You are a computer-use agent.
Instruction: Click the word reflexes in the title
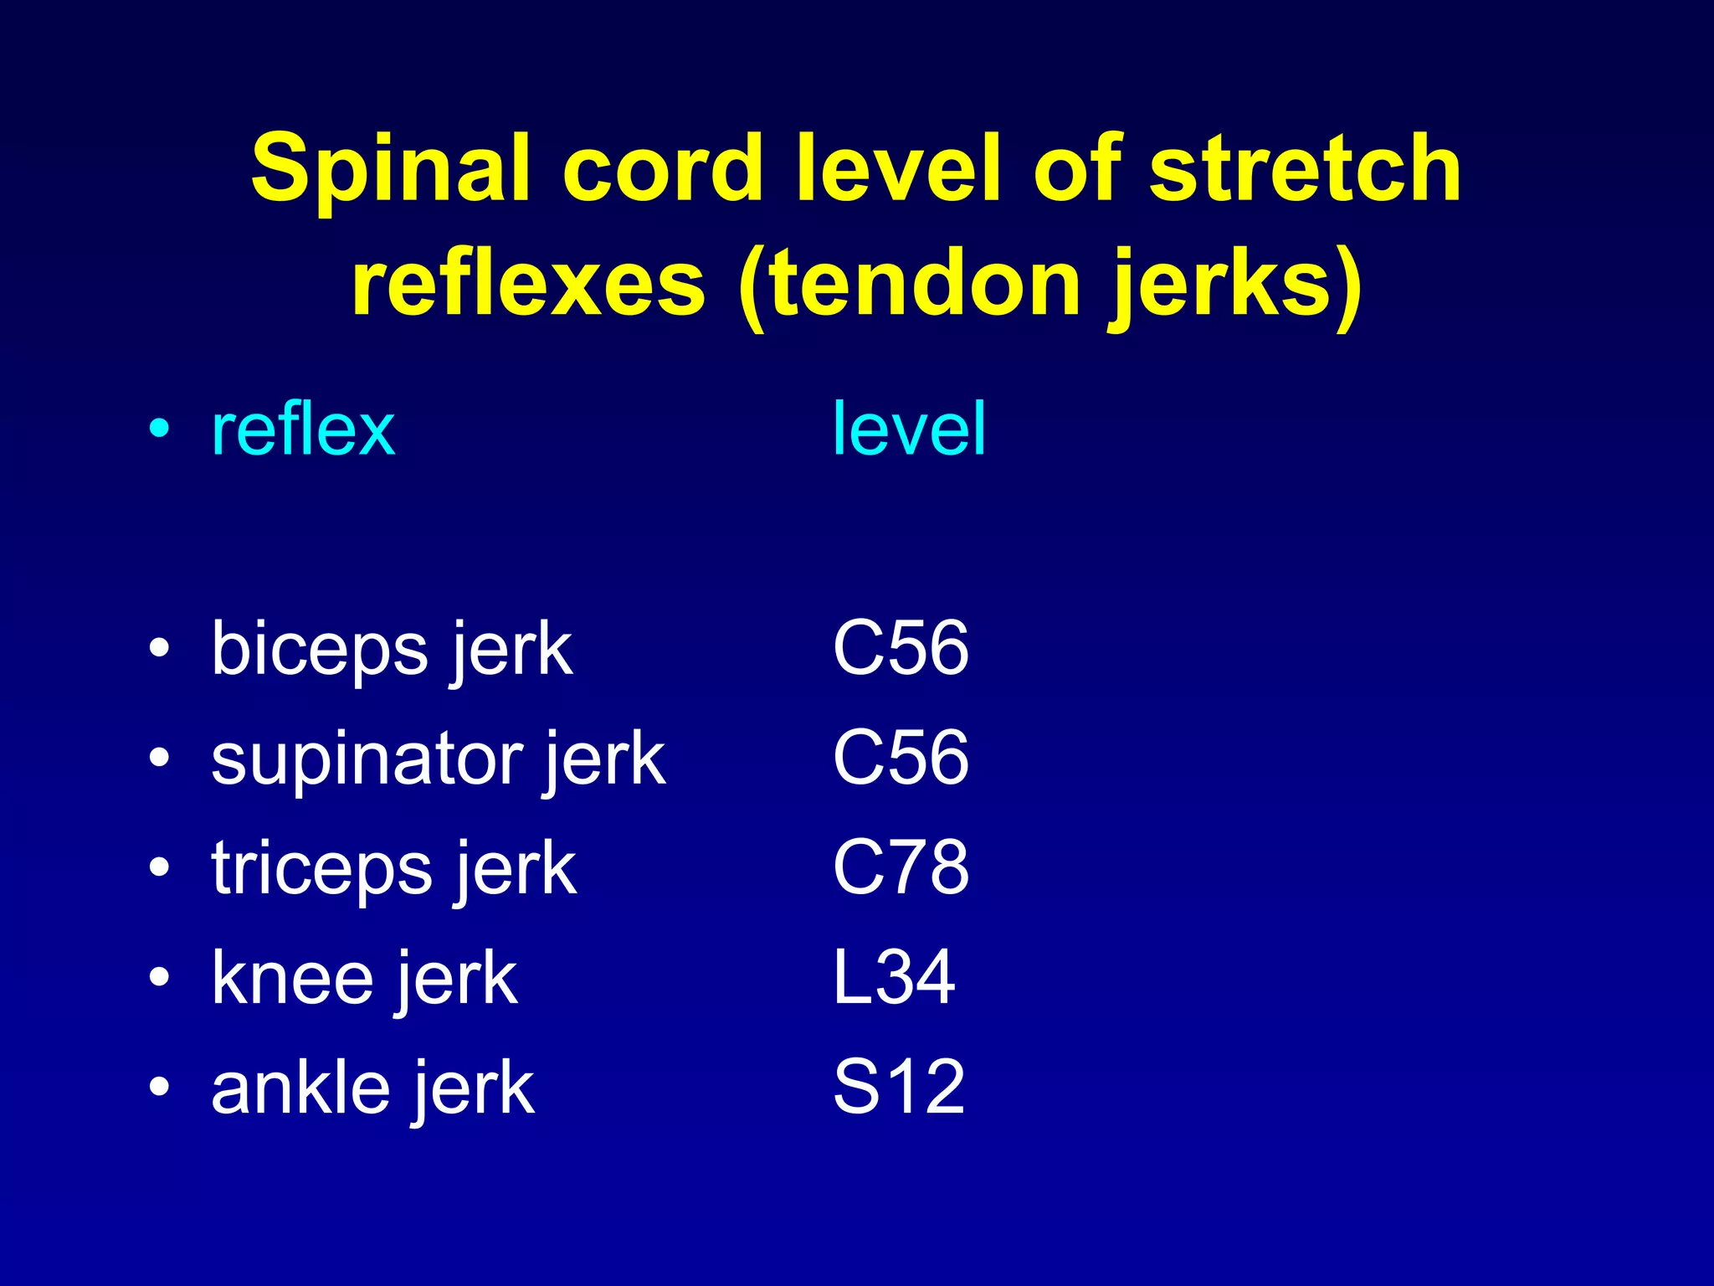[528, 285]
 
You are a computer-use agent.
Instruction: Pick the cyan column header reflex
[303, 430]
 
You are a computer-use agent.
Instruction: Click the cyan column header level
[909, 430]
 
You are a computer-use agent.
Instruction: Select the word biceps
[319, 651]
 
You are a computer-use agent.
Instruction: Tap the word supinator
[366, 759]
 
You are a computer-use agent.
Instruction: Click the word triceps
[322, 869]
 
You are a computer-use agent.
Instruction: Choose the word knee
[293, 979]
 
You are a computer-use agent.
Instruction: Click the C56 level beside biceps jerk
[901, 649]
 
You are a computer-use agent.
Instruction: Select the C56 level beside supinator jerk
[901, 759]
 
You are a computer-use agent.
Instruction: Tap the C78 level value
[901, 868]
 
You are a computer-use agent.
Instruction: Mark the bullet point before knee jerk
[159, 977]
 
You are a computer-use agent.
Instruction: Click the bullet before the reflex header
[159, 429]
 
